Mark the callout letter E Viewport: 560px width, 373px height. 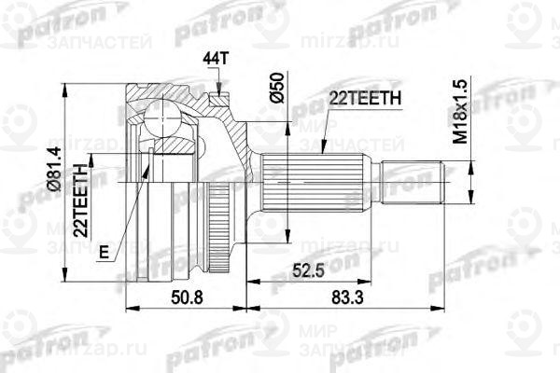[x=101, y=250]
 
